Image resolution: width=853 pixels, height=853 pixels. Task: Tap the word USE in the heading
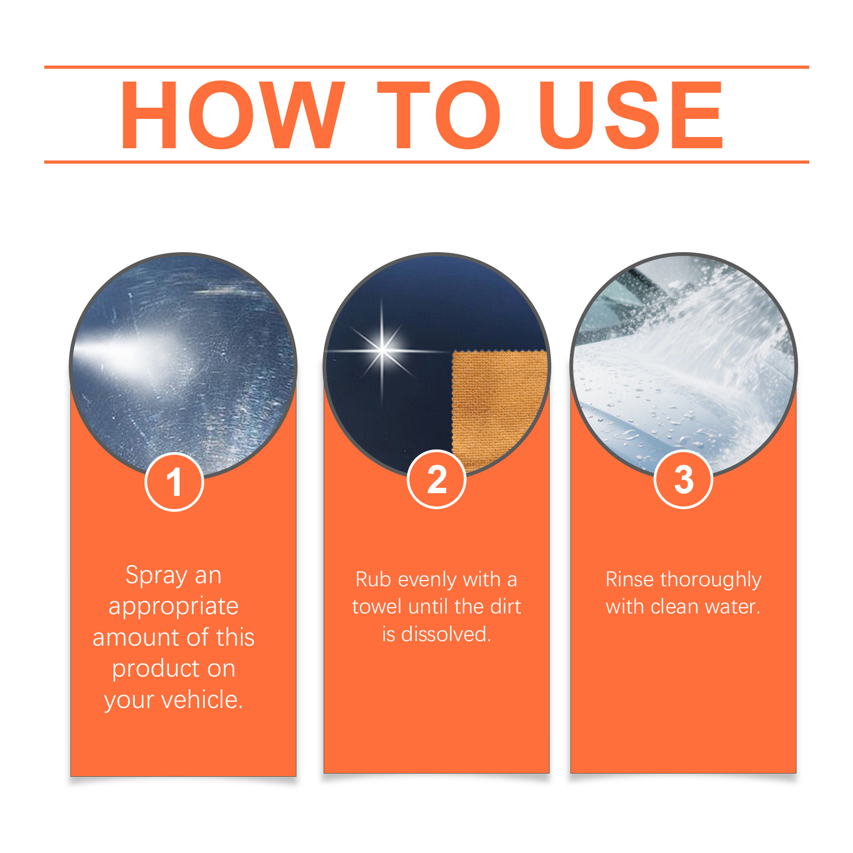pos(631,115)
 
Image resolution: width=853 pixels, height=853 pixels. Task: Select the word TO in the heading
pos(439,115)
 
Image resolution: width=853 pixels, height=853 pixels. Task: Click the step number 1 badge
pos(174,482)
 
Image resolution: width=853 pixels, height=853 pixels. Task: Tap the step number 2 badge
pos(437,479)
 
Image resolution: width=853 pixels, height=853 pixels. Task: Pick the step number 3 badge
pos(683,479)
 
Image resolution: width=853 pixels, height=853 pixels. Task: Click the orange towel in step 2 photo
pos(498,408)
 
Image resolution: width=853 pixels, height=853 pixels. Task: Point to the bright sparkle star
pos(382,350)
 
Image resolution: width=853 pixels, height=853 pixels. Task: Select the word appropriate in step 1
pos(173,607)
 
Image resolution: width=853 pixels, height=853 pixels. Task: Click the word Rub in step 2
pos(373,580)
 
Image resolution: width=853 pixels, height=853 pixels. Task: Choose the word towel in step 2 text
pos(377,607)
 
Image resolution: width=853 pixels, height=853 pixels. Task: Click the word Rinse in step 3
pos(630,580)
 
